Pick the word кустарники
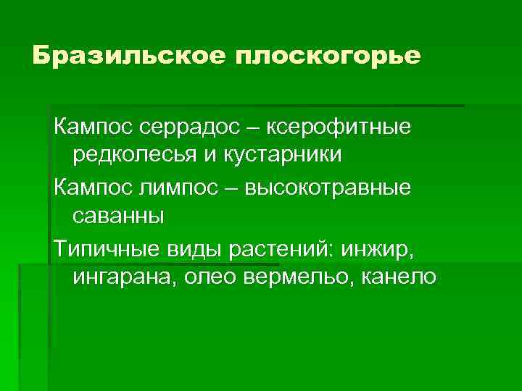[x=280, y=155]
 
